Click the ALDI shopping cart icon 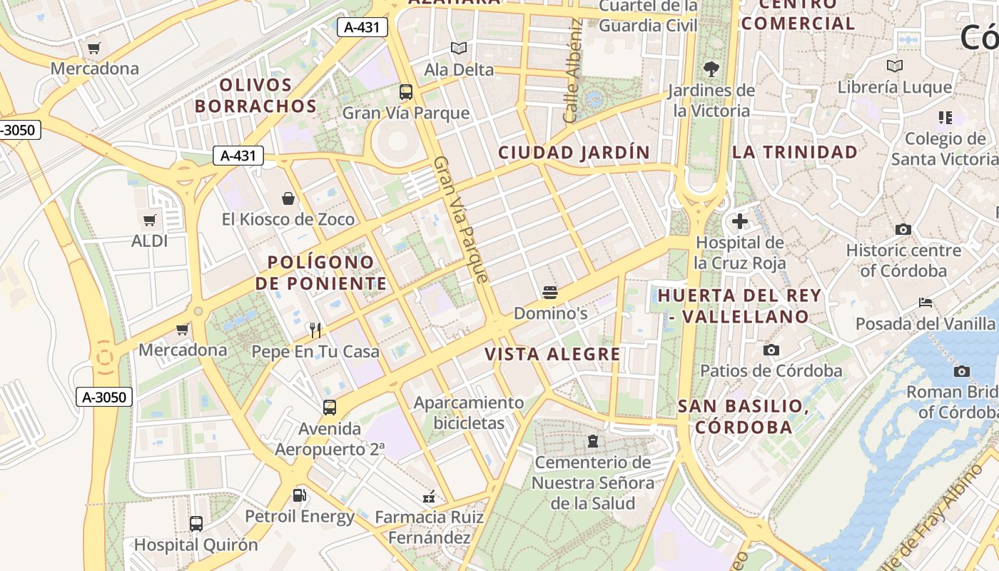click(149, 220)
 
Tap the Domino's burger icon click(549, 292)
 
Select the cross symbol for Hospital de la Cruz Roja click(740, 221)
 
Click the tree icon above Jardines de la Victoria click(711, 69)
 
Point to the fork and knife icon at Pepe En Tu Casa click(315, 330)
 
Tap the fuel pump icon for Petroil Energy click(300, 495)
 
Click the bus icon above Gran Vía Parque click(405, 91)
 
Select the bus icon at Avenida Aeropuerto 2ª click(329, 408)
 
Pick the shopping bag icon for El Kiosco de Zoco click(288, 198)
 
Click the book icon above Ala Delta click(458, 49)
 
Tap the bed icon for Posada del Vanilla click(926, 303)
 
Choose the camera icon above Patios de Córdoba click(771, 350)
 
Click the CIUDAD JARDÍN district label click(574, 152)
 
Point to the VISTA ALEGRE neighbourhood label click(552, 354)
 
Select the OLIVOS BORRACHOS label click(255, 96)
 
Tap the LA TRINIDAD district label click(795, 151)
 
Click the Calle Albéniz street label click(573, 71)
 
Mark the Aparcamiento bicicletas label click(469, 413)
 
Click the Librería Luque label click(895, 87)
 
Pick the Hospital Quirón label click(196, 545)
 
